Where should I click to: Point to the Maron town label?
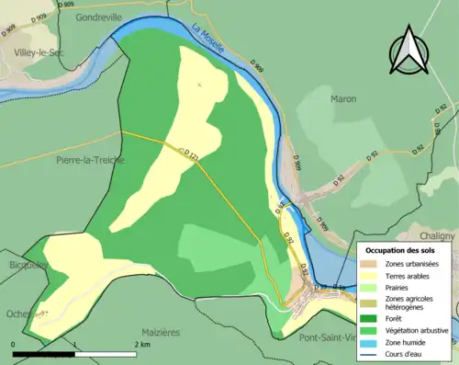(x=343, y=98)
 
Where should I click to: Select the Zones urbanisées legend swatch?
(x=373, y=265)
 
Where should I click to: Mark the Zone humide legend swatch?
(x=373, y=341)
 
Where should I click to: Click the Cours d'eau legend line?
(x=373, y=352)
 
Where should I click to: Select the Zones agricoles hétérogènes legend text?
(x=410, y=303)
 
